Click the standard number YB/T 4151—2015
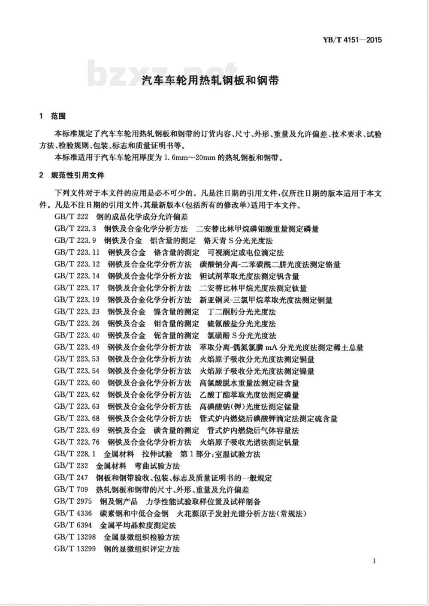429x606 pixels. coord(351,40)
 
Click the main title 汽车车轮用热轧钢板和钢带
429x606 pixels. coord(210,80)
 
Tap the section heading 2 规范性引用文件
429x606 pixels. coord(71,175)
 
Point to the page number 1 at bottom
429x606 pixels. coord(375,561)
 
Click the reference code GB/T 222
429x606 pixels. coord(72,217)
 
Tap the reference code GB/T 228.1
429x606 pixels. coord(75,454)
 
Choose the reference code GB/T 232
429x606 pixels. coord(71,466)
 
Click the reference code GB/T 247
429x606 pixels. coord(71,478)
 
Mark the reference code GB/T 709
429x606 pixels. coord(71,489)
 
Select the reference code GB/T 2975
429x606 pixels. coord(73,501)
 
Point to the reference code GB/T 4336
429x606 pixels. coord(73,513)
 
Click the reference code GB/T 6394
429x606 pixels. coord(73,525)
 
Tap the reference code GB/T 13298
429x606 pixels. coord(75,537)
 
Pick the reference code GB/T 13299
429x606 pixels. coord(75,549)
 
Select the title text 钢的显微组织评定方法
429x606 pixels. coord(142,549)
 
